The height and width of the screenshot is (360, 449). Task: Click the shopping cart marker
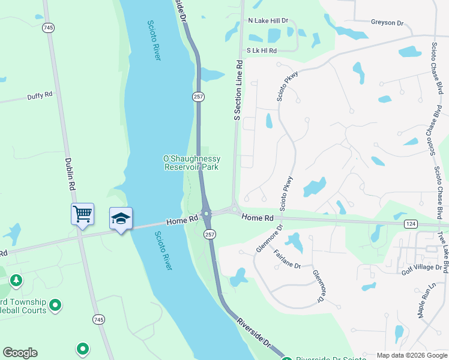click(x=82, y=213)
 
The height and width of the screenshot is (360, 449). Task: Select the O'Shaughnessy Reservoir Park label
click(x=191, y=163)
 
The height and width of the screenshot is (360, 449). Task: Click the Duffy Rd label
click(x=40, y=95)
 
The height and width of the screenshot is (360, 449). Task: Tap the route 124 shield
click(x=411, y=224)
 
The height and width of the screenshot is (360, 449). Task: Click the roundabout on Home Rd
click(x=206, y=213)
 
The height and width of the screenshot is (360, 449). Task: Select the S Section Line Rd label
click(x=238, y=91)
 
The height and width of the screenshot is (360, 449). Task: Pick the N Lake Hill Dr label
click(x=268, y=20)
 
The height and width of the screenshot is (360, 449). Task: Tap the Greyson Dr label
click(x=387, y=23)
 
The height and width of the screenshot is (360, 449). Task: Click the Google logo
click(x=20, y=353)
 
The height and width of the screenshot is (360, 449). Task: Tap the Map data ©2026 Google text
click(x=411, y=355)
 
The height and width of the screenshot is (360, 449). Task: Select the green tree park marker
click(x=16, y=280)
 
